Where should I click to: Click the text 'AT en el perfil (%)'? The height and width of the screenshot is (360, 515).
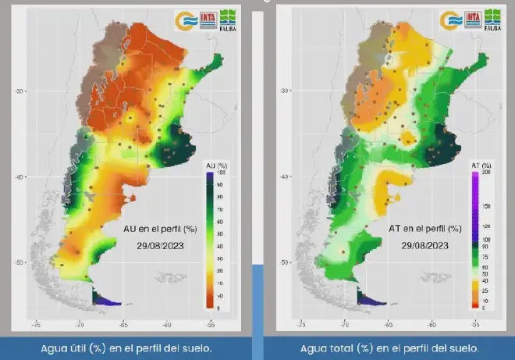point(424,229)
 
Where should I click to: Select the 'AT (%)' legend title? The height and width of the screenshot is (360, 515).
point(481,166)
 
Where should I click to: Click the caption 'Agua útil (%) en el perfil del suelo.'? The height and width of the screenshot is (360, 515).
point(127,348)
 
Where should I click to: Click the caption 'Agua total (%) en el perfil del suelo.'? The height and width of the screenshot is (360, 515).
point(389,348)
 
